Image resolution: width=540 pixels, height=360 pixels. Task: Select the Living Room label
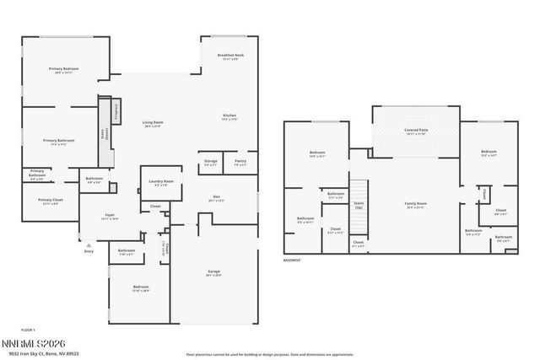tap(152, 124)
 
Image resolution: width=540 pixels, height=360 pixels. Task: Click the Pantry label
tap(240, 162)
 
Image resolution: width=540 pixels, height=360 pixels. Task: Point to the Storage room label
tap(211, 162)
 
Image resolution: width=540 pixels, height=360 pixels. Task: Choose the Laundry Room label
tap(161, 183)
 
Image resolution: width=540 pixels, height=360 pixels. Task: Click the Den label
tap(216, 199)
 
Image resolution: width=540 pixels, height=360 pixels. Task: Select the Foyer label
tap(110, 216)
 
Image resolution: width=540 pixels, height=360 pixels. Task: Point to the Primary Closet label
tap(49, 201)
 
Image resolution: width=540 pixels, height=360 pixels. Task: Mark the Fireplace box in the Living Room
tap(117, 111)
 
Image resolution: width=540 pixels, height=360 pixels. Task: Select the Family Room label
tap(416, 204)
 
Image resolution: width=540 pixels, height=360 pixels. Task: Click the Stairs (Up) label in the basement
tap(359, 205)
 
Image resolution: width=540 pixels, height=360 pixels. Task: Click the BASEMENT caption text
tap(292, 260)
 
